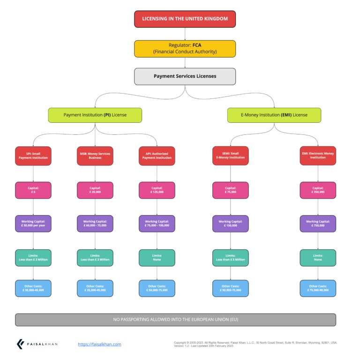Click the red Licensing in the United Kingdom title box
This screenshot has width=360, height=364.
coord(185,19)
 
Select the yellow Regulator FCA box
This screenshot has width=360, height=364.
coord(185,48)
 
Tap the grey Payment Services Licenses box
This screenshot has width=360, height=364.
coord(185,76)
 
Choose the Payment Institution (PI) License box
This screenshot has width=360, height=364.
coord(95,115)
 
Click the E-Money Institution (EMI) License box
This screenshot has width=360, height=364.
coord(274,115)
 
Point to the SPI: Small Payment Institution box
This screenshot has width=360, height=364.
coord(33,156)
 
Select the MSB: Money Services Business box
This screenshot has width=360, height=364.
coord(95,156)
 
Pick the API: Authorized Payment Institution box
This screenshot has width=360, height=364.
coord(157,156)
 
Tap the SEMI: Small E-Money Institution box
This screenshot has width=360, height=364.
coord(230,156)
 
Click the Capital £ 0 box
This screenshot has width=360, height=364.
coord(33,190)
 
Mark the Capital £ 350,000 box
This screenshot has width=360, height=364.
coord(318,190)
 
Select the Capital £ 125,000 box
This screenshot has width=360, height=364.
coord(157,190)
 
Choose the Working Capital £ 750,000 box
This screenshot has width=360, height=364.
coord(318,223)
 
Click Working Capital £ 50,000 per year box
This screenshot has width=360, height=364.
coord(33,223)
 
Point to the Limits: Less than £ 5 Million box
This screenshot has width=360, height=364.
coord(230,258)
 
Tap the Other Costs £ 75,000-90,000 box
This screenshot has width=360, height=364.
coord(318,288)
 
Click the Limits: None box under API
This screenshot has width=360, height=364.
coord(157,258)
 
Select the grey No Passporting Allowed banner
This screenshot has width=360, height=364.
coord(175,319)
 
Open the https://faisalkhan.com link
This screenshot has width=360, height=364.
coord(99,344)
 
